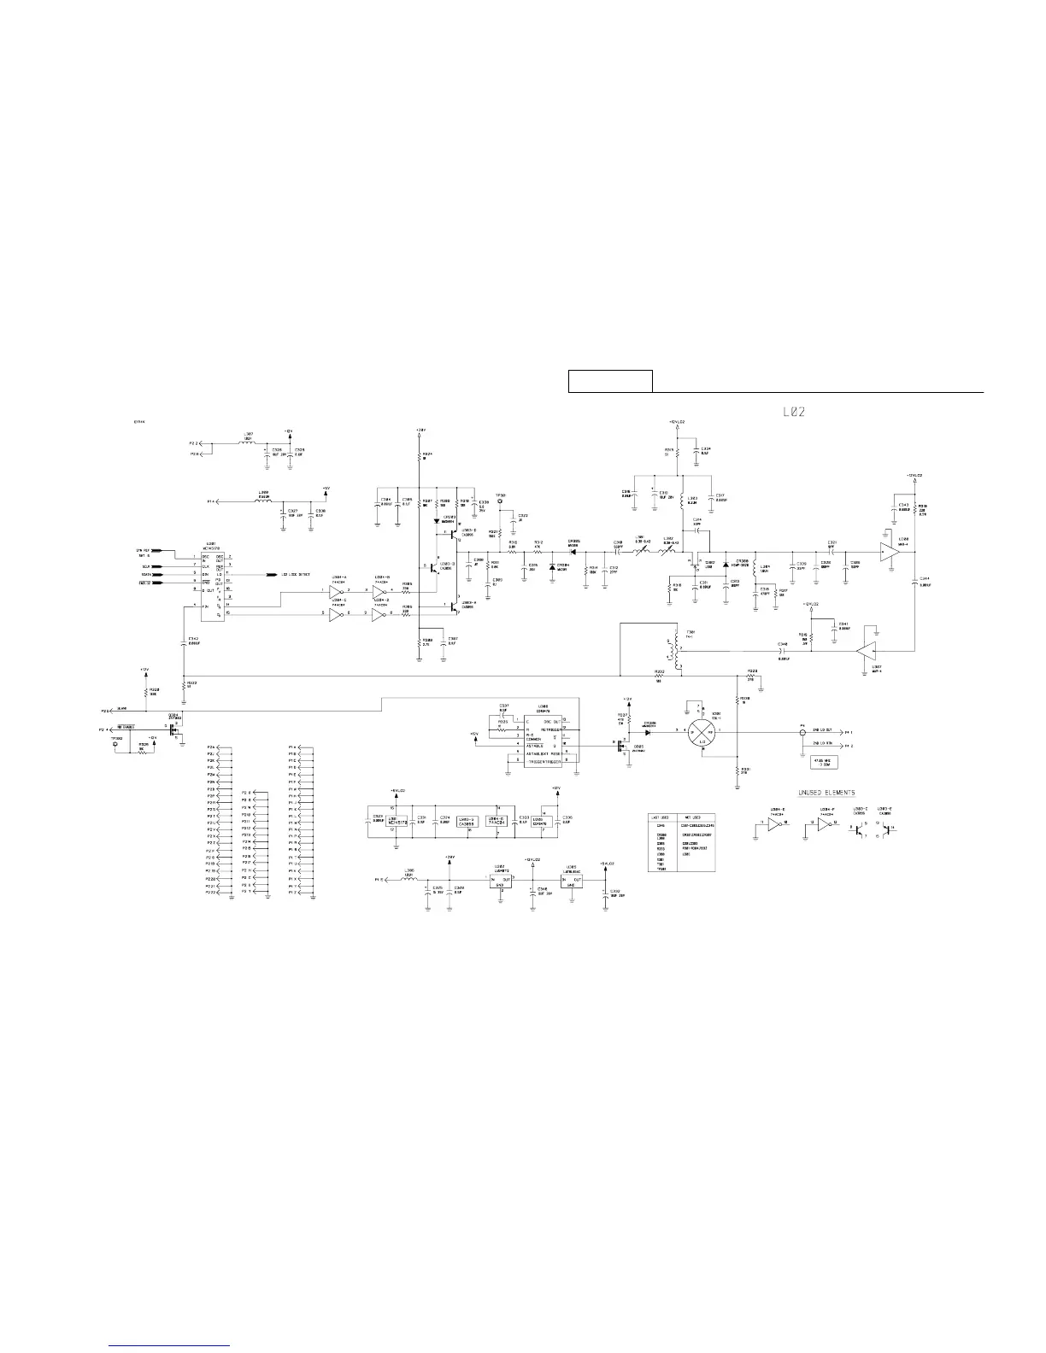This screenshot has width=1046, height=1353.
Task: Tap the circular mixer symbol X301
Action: [x=702, y=732]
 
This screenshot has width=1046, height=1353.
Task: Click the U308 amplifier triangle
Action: [x=890, y=553]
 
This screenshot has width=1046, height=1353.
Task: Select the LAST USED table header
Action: [x=661, y=817]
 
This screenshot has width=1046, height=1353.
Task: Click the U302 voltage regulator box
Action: [x=501, y=881]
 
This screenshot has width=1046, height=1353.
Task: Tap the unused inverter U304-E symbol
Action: [x=774, y=824]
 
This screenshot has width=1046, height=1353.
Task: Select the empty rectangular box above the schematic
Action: [x=610, y=380]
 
